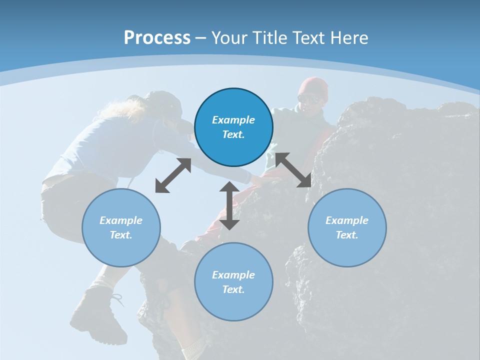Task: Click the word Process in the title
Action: pyautogui.click(x=157, y=37)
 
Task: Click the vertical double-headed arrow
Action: pyautogui.click(x=229, y=205)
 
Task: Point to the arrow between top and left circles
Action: pyautogui.click(x=173, y=175)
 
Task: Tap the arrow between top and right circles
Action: pyautogui.click(x=293, y=170)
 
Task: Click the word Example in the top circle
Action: pyautogui.click(x=233, y=120)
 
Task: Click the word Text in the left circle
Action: pyautogui.click(x=121, y=235)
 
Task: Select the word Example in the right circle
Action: pyautogui.click(x=347, y=220)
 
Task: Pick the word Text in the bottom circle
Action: pyautogui.click(x=233, y=289)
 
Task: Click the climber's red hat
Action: pyautogui.click(x=313, y=86)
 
